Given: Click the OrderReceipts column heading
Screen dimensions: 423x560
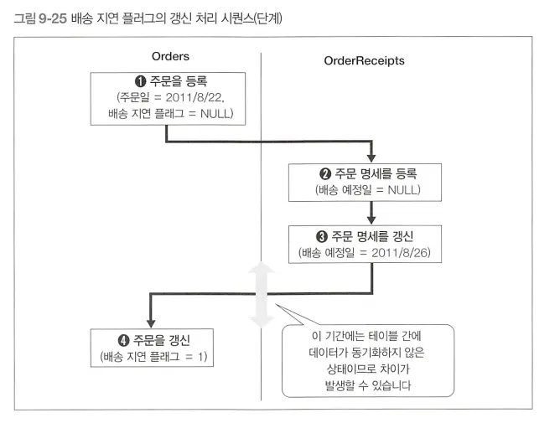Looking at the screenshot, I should coord(364,60).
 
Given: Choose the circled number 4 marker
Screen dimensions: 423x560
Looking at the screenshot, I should coord(121,340).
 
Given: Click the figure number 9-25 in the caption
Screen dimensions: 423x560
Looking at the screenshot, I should coord(56,12).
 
